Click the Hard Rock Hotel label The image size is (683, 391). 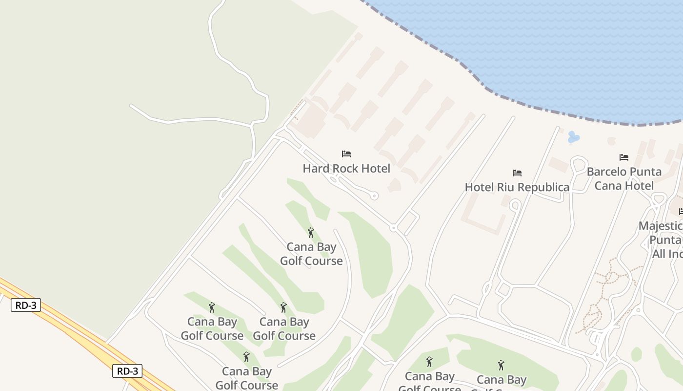[346, 169]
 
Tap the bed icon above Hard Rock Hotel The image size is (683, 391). [346, 153]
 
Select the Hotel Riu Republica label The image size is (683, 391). [517, 187]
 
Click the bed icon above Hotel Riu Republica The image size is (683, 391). [517, 173]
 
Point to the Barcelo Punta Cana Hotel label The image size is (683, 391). [624, 178]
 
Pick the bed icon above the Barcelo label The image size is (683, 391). [623, 157]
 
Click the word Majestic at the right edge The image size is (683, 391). [661, 226]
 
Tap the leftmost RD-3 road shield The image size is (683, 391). [26, 305]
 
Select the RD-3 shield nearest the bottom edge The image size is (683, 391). [127, 371]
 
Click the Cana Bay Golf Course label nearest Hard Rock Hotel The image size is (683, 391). [311, 254]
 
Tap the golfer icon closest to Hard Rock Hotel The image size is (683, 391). [311, 233]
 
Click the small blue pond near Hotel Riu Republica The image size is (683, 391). [574, 138]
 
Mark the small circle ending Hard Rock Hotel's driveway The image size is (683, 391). [374, 196]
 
